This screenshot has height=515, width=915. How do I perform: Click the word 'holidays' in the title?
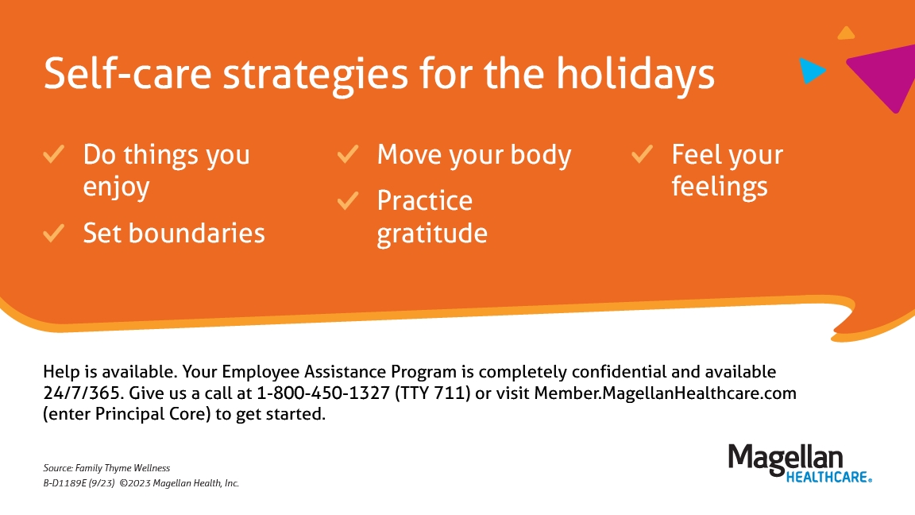pos(635,75)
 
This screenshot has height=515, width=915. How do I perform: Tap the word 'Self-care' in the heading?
pos(127,73)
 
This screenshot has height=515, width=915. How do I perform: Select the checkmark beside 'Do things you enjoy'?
pos(54,154)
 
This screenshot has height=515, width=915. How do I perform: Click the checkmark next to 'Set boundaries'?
pos(54,233)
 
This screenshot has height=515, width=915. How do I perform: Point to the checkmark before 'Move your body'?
pos(348,154)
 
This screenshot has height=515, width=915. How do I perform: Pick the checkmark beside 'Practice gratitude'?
pos(348,200)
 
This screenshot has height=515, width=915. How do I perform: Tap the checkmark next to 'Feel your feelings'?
pos(642,154)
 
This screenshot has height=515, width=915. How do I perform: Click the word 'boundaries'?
pos(197,233)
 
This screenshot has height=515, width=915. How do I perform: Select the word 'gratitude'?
pos(432,234)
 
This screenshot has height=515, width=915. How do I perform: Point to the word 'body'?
pos(541,156)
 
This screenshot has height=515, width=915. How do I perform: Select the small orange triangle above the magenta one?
pos(846,34)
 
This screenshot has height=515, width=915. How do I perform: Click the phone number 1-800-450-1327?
pos(323,393)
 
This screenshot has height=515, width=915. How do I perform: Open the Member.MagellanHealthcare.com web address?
pos(666,393)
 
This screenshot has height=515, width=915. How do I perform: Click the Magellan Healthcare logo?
pos(800,463)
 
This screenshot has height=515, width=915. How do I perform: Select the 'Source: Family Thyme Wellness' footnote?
pos(106,468)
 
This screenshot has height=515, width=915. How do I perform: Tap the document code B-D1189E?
pos(65,483)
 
